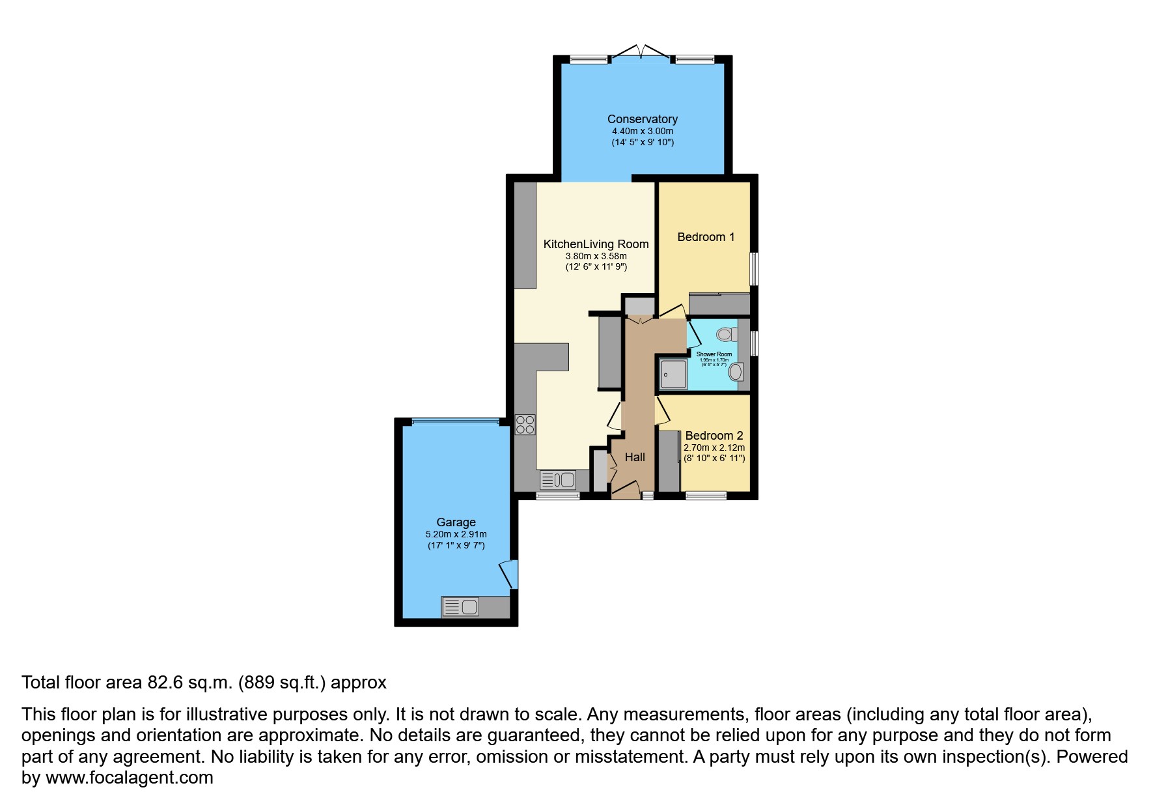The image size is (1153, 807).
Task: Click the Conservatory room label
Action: [642, 119]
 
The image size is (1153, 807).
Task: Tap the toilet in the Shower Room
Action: [726, 334]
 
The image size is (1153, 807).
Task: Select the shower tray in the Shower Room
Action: [673, 374]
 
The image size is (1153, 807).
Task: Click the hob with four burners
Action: [525, 425]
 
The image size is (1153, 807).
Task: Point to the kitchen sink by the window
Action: [558, 481]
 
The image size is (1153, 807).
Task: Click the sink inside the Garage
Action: [461, 607]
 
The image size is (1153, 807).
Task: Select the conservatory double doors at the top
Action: [641, 53]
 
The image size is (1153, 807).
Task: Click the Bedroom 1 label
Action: [706, 237]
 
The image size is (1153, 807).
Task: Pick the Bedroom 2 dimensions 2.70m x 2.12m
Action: [714, 448]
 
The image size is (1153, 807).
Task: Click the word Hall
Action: [635, 457]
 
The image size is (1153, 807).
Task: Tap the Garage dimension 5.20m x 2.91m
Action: [456, 534]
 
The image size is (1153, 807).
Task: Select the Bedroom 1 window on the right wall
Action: [755, 269]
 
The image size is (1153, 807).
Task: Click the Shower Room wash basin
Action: [736, 372]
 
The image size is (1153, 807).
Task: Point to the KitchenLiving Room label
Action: [596, 244]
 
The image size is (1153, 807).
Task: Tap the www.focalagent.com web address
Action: [130, 778]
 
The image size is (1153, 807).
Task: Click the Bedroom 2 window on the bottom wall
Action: [706, 496]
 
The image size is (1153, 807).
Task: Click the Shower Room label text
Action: [714, 354]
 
